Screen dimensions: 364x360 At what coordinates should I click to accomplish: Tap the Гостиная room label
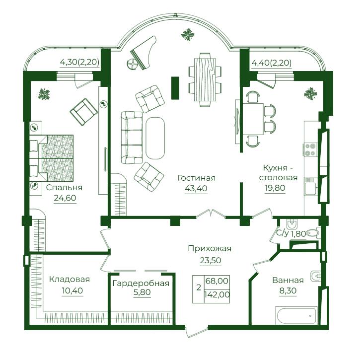click(x=196, y=178)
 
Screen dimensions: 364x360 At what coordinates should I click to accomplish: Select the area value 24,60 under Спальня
click(x=65, y=198)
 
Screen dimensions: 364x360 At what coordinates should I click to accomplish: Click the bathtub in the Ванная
click(x=296, y=315)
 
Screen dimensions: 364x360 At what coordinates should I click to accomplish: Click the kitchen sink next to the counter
click(x=310, y=189)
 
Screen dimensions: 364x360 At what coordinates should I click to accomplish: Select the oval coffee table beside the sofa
click(x=155, y=138)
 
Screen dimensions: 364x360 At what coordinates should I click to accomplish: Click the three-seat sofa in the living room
click(x=132, y=138)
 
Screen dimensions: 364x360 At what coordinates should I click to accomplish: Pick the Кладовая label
click(x=70, y=279)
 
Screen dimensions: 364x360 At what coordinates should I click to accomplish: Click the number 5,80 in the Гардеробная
click(x=142, y=292)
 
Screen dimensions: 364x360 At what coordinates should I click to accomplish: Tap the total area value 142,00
click(x=217, y=295)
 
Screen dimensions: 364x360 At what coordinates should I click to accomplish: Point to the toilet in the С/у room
click(x=313, y=233)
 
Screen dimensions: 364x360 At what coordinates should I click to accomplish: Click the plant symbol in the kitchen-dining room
click(x=310, y=93)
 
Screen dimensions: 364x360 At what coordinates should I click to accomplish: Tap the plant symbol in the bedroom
click(x=44, y=94)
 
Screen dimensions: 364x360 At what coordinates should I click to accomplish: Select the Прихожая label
click(x=210, y=249)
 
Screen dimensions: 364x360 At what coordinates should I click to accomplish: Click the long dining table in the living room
click(x=205, y=79)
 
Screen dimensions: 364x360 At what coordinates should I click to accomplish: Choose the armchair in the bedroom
click(x=83, y=112)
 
